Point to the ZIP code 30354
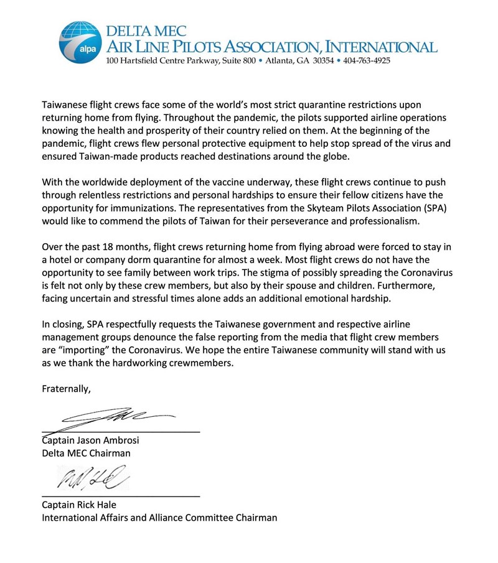click(x=319, y=61)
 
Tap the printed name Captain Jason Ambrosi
click(x=90, y=440)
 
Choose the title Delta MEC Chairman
click(x=86, y=453)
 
